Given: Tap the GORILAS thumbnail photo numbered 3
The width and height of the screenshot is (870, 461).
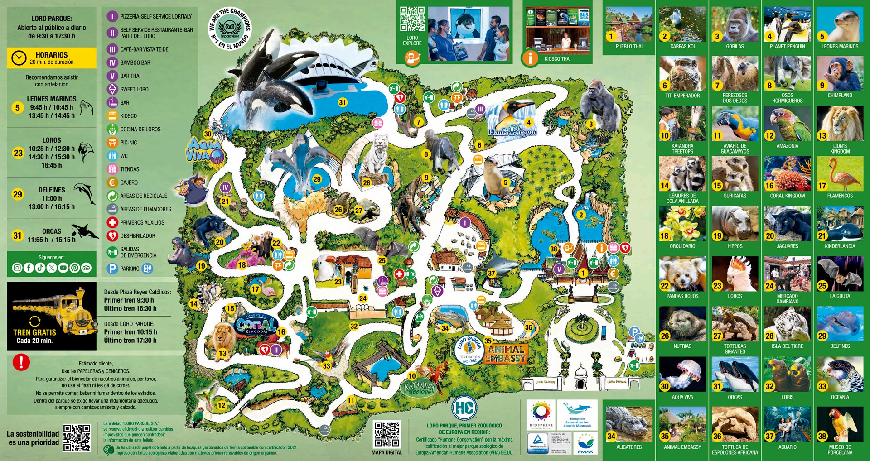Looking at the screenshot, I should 735,24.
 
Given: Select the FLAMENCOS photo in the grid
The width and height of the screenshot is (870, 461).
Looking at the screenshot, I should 840,174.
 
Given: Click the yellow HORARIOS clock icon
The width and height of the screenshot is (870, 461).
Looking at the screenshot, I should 19,58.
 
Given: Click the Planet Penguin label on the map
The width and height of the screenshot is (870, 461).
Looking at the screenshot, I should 512,132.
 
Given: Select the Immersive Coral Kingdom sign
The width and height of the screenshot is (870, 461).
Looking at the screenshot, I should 256,324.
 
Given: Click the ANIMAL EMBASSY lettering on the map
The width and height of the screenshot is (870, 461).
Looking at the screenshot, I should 506,354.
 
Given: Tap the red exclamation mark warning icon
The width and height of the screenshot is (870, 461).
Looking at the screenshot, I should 21,362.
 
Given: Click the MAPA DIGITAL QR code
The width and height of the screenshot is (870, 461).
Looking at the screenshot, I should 387,434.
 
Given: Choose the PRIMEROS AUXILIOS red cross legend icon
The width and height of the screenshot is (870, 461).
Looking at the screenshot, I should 112,222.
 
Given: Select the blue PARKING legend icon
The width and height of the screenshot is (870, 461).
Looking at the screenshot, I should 112,269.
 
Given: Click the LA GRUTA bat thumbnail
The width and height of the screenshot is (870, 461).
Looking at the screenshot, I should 840,274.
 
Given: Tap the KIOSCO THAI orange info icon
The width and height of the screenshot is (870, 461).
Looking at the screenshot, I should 530,58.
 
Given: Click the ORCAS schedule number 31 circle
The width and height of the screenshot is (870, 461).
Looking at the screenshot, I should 17,235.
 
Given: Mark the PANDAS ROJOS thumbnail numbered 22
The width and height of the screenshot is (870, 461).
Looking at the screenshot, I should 682,274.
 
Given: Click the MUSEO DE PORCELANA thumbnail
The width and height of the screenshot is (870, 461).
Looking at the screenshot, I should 840,424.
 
